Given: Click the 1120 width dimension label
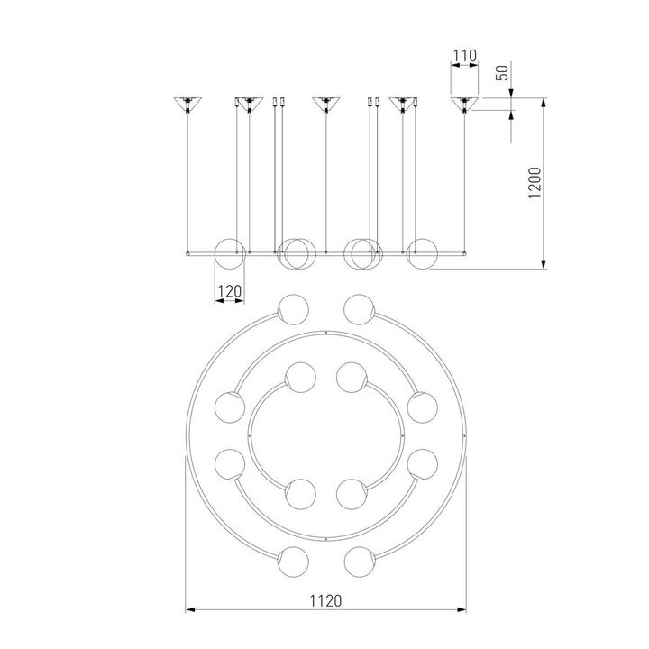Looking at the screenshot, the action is coord(325,600).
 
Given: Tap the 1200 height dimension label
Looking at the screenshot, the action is coord(535,183).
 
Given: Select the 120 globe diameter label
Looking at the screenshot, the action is coord(229,291).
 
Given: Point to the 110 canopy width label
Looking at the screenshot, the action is coord(465,56).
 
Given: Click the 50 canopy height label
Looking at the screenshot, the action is coord(502,73).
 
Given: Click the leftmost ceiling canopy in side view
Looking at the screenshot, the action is coord(187,104).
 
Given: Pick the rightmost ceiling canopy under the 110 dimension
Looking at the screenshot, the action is coord(464,104).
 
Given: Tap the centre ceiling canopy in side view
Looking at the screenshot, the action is coord(326,104).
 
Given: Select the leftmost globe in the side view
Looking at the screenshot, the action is coord(230,253).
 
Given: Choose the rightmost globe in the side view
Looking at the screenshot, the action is coord(422,253).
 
